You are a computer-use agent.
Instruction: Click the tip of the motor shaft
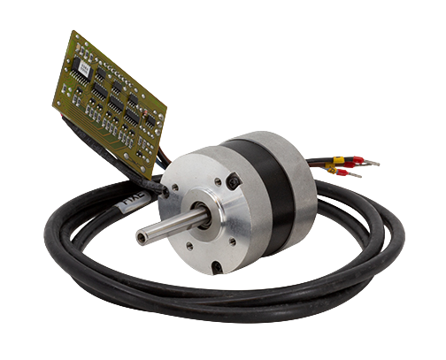(142, 236)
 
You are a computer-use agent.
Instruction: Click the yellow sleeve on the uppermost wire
(340, 161)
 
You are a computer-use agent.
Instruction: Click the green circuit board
(111, 97)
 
